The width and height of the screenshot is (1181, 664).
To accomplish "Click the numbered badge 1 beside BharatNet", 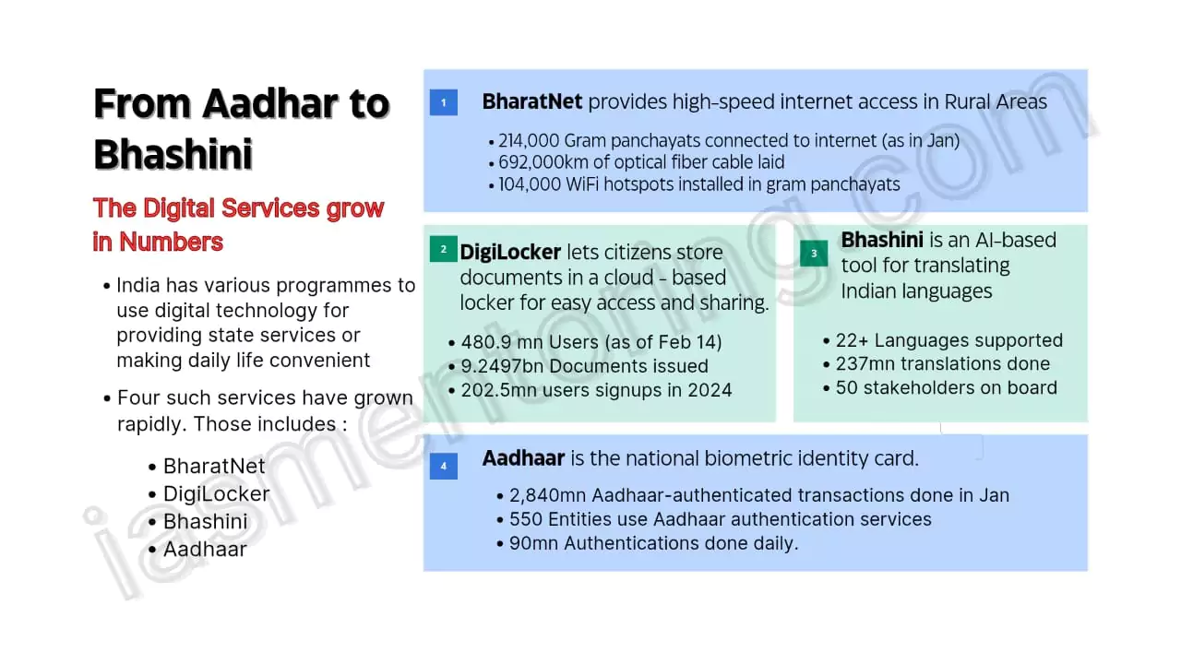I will [443, 102].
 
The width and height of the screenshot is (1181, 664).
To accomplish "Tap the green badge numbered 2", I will [443, 249].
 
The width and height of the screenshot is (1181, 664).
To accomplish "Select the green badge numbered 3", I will [814, 253].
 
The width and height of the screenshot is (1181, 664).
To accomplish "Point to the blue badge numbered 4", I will [443, 466].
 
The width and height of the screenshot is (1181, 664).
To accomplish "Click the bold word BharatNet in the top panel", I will [532, 101].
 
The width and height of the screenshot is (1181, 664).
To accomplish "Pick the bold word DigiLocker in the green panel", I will [510, 252].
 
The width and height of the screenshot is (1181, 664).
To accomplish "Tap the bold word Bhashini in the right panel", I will [882, 240].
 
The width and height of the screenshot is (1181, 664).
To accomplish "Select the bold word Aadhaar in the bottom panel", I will [523, 457].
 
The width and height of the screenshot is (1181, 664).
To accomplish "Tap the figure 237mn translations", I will [942, 363].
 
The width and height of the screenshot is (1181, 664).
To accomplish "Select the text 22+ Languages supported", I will [948, 340].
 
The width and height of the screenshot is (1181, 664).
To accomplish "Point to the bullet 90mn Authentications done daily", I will [653, 543].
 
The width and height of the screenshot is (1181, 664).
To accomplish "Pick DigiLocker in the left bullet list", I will [216, 493].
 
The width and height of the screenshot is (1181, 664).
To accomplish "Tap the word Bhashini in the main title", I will [173, 154].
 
